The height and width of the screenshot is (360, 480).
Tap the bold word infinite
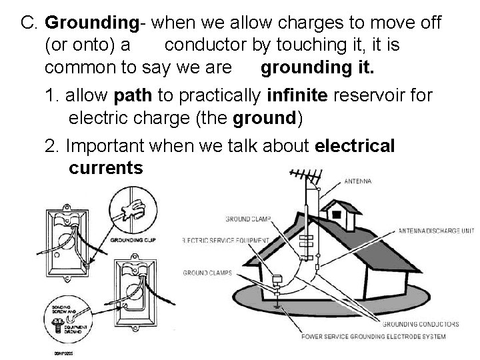coord(296,95)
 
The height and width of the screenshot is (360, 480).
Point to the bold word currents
coord(105,168)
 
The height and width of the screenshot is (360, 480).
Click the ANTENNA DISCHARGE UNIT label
coord(436,231)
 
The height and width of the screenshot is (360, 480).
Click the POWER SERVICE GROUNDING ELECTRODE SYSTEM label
coord(373,337)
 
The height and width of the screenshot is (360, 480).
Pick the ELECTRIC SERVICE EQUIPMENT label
coord(225,241)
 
